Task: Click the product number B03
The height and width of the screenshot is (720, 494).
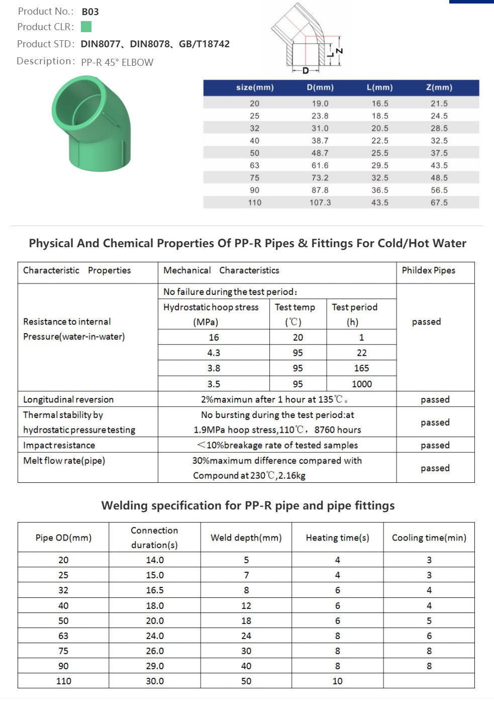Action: point(90,12)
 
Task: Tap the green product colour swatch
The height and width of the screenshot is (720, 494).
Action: point(86,27)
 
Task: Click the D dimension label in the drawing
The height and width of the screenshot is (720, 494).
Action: point(306,71)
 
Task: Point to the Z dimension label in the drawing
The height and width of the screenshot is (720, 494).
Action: point(340,51)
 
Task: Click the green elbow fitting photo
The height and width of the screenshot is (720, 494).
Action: point(91,124)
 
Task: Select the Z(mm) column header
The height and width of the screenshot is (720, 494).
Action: point(439,87)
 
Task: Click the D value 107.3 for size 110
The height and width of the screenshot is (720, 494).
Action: point(320,202)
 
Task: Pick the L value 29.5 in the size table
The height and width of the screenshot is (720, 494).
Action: point(380,165)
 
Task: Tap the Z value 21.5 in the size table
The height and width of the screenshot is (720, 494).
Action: point(439,104)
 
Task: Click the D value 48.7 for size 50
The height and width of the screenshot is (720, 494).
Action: point(320,153)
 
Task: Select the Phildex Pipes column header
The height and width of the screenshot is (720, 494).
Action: point(429,270)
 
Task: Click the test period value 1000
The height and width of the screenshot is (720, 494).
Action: point(362,384)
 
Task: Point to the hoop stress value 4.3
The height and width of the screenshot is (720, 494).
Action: point(214,353)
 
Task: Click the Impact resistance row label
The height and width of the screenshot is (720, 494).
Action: point(59,445)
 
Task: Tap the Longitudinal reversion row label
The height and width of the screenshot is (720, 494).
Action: point(68,399)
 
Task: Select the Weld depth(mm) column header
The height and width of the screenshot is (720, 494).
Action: point(246,538)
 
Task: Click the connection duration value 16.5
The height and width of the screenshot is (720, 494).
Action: point(155,590)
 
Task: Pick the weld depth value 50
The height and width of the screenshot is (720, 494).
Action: point(246,681)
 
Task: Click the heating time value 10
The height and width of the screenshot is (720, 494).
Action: point(338,681)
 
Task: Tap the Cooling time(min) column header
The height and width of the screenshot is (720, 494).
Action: point(429,538)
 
